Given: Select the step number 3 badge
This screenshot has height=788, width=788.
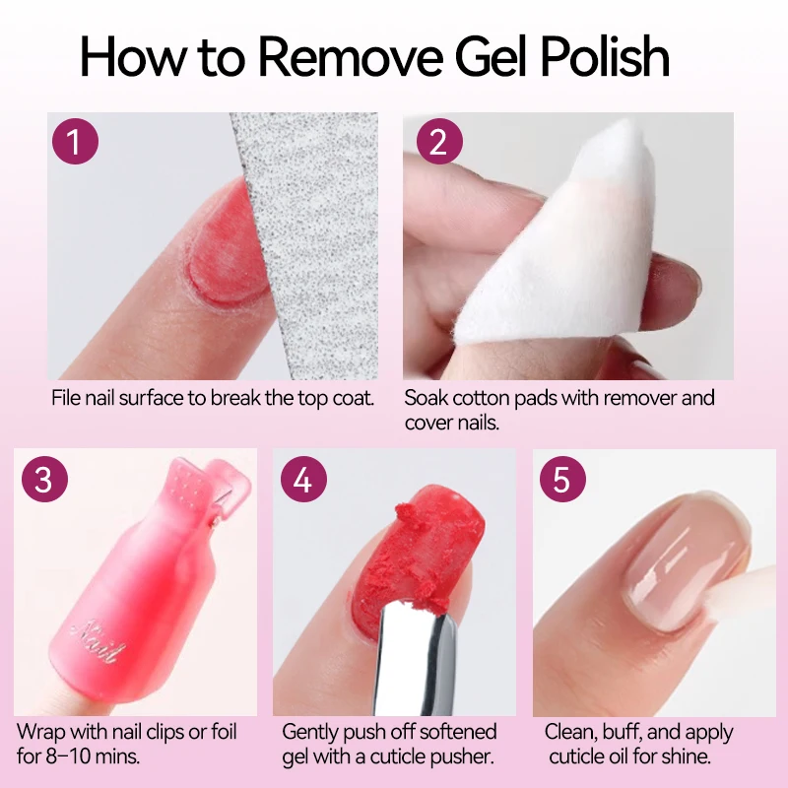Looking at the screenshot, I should click(x=42, y=480).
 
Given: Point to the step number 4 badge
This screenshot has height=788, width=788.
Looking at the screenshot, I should click(x=302, y=480).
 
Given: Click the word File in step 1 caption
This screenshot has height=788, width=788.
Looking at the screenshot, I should click(x=67, y=399).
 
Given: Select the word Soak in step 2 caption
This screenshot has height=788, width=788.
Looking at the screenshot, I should click(x=427, y=399).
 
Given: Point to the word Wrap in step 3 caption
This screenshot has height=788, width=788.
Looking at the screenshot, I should click(x=40, y=733).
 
